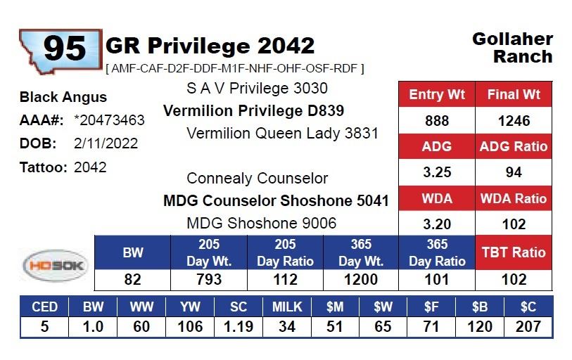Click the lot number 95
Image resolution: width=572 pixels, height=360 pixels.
click(x=65, y=49)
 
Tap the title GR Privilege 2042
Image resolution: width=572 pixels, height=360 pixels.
click(x=210, y=46)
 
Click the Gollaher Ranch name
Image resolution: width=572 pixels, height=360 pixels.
click(x=512, y=47)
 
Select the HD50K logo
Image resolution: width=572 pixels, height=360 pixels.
click(x=56, y=266)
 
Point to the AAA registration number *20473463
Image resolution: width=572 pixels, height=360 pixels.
click(x=109, y=120)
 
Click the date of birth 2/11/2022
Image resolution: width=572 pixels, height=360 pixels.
click(x=106, y=143)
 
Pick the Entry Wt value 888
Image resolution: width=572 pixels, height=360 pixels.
click(x=437, y=121)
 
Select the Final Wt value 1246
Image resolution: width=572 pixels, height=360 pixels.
click(x=514, y=121)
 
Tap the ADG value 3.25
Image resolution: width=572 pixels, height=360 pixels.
click(x=437, y=173)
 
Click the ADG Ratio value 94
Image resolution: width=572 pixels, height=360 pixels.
click(x=514, y=173)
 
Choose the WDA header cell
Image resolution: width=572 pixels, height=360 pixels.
click(x=437, y=198)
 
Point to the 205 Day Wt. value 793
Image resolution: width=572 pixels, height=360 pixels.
click(x=209, y=280)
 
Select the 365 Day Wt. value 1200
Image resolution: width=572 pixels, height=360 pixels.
click(x=361, y=280)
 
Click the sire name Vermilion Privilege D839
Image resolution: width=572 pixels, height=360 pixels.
click(x=244, y=111)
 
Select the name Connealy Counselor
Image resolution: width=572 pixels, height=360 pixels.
click(x=258, y=179)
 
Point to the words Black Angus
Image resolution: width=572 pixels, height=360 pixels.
click(x=63, y=97)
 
